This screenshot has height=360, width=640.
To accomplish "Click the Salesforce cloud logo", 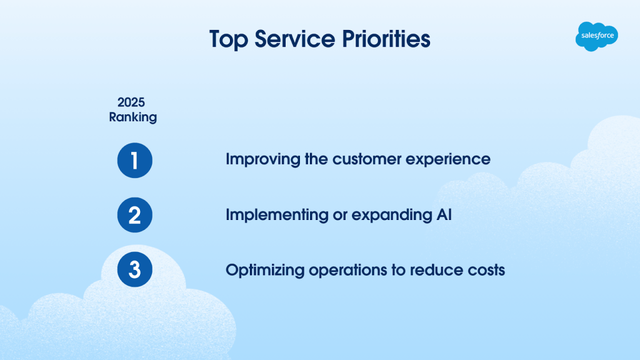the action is click(597, 36).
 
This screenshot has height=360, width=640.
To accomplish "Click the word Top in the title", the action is click(229, 39).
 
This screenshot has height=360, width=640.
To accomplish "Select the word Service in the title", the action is click(295, 39).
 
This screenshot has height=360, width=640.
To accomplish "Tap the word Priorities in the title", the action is click(386, 39).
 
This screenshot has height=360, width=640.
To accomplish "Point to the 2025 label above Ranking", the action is click(131, 102).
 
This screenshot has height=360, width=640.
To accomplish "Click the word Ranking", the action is click(132, 117).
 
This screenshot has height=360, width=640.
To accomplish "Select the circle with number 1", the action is click(135, 161).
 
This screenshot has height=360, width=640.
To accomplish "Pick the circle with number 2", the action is click(135, 215).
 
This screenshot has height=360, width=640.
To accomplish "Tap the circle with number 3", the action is click(135, 269).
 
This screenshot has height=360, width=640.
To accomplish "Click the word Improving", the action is click(263, 159).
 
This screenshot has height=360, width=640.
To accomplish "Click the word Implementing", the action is click(277, 215).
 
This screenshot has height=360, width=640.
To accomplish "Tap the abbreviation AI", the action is click(444, 215).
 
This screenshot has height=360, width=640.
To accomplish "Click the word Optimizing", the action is click(265, 271).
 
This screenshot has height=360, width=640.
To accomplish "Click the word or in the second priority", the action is click(340, 216).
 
